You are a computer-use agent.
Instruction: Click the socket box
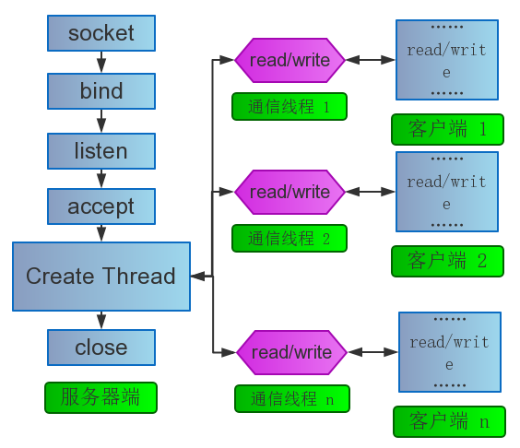tap(101, 33)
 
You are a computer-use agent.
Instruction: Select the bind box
tap(101, 91)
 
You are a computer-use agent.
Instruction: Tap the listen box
tap(101, 151)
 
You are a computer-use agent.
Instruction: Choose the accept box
tap(101, 206)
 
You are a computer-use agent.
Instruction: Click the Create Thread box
tap(101, 277)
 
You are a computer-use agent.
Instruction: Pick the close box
tap(101, 348)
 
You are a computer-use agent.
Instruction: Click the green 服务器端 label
tap(100, 397)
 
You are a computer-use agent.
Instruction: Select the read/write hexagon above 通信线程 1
tap(290, 60)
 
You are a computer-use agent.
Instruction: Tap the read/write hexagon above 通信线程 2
tap(290, 192)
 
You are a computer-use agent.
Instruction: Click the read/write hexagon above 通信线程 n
tap(292, 352)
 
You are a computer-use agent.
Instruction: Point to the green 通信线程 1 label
tap(290, 106)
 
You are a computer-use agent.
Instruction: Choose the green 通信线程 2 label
tap(290, 239)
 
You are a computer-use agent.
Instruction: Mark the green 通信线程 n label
tap(292, 398)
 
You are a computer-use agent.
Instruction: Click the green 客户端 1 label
tap(447, 129)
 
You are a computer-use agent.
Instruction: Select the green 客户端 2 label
tap(447, 261)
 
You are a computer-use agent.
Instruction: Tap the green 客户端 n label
tap(449, 422)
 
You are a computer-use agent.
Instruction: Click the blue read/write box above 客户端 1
tap(447, 60)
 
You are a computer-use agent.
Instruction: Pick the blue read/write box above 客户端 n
tap(450, 352)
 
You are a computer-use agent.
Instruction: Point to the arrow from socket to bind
tap(101, 62)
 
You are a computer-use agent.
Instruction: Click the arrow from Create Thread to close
tap(101, 321)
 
